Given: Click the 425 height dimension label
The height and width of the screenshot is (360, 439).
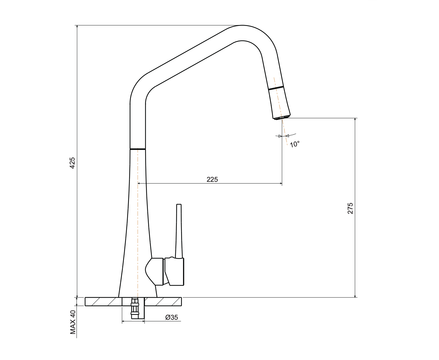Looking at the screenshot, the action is [x=72, y=163].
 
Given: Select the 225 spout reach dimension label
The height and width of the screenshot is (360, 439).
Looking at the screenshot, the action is [x=212, y=179].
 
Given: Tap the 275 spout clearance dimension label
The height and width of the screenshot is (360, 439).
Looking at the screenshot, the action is [x=350, y=208].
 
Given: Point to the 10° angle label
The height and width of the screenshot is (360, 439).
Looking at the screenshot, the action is [x=294, y=144].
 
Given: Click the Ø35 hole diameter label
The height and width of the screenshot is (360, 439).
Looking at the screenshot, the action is [x=172, y=317].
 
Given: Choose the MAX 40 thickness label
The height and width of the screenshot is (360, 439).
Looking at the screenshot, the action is [x=73, y=322].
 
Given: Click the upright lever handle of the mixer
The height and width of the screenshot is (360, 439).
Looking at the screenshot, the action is [x=179, y=231].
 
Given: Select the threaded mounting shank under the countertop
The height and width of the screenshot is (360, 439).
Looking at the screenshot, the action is [x=135, y=308].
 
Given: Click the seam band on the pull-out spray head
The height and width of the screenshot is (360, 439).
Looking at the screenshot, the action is [x=276, y=88].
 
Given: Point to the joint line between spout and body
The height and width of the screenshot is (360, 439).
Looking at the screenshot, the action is [x=137, y=149].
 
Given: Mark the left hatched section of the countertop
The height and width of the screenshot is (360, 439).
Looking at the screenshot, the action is [x=103, y=302].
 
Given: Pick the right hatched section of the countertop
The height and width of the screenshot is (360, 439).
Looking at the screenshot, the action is [x=163, y=302].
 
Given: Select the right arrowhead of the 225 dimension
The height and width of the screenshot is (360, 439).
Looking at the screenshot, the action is [x=281, y=184].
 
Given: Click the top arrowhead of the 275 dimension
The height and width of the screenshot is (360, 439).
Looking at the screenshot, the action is [x=355, y=119].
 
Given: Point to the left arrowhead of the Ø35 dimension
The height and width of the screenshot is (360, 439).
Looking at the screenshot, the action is [x=123, y=321].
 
